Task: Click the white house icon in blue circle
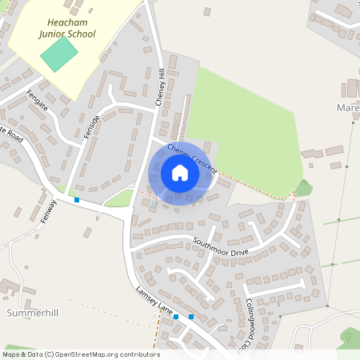pyautogui.click(x=180, y=173)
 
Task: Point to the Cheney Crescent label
pyautogui.click(x=193, y=158)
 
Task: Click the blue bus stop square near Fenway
pyautogui.click(x=77, y=199)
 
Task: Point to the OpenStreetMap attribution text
pyautogui.click(x=81, y=354)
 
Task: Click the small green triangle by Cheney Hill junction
pyautogui.click(x=118, y=197)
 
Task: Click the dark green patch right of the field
pyautogui.click(x=302, y=188)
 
